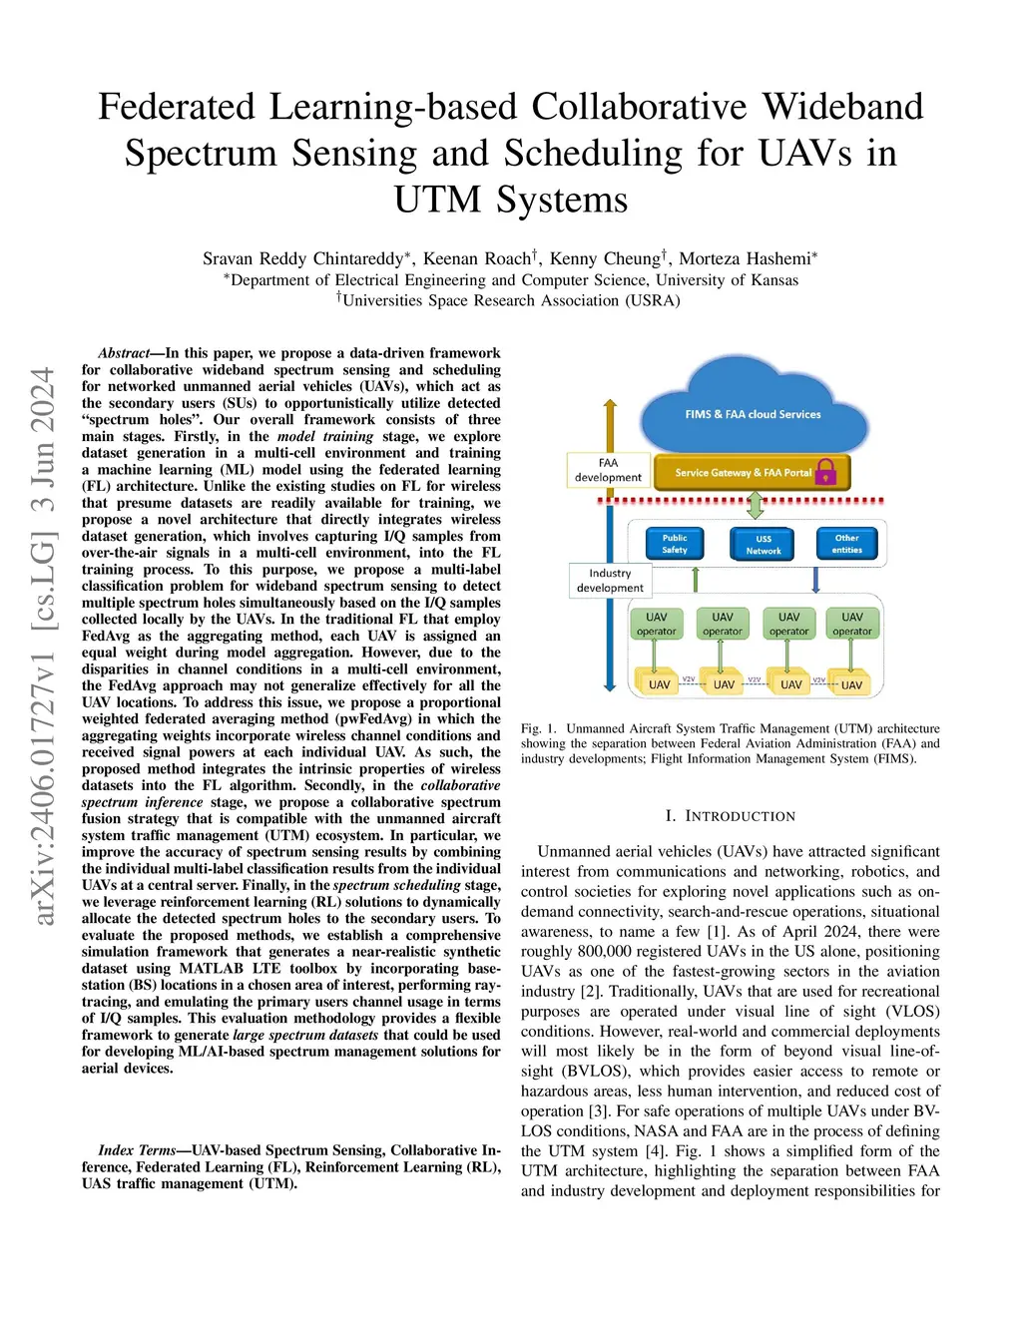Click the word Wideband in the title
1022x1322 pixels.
[x=842, y=107]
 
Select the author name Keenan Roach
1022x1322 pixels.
[x=477, y=258]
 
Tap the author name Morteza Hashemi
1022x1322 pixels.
[x=745, y=258]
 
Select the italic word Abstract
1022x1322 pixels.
[x=124, y=353]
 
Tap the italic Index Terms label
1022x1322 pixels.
[x=138, y=1149]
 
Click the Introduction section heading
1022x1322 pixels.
[x=730, y=816]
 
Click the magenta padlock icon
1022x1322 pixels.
[x=825, y=472]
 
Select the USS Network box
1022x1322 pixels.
[x=763, y=544]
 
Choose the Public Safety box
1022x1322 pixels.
[x=675, y=544]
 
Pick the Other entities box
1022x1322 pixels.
[x=846, y=544]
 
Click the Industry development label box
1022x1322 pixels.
[x=610, y=581]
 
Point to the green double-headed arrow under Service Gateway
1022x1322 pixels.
[x=755, y=504]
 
